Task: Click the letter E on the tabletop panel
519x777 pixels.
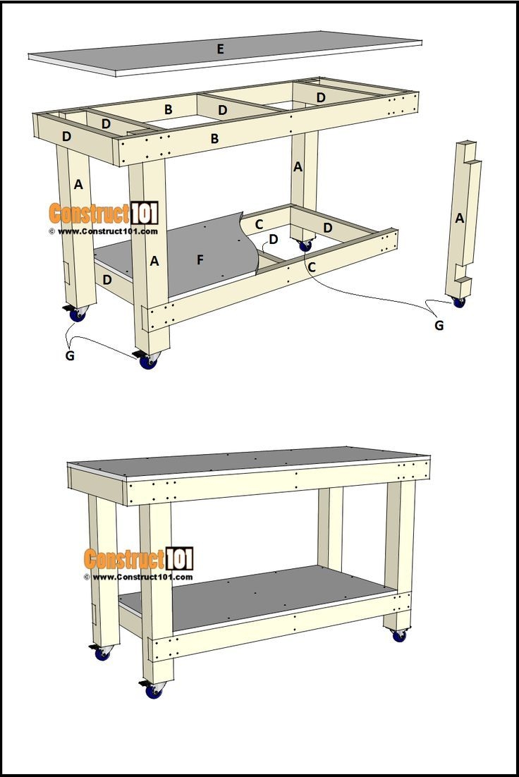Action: (x=221, y=49)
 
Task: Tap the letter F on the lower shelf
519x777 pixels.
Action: (x=200, y=260)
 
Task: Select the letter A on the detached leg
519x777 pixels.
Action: (x=460, y=219)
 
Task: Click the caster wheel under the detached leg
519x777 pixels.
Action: (x=459, y=302)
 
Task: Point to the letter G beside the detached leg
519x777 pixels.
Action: (x=439, y=325)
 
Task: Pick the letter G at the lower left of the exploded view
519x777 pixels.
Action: (x=70, y=355)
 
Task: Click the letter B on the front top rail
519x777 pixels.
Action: (x=214, y=139)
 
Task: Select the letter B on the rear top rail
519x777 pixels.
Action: (x=168, y=109)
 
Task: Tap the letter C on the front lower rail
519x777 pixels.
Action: (x=311, y=267)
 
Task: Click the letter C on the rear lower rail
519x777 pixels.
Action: (x=259, y=224)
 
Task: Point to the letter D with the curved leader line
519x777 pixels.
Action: (x=273, y=239)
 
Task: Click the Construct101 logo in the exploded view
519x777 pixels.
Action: (x=103, y=213)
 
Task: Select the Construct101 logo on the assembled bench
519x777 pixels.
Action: (x=138, y=559)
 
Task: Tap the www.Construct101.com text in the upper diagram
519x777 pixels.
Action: (x=103, y=231)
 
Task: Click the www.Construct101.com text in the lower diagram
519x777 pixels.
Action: (x=138, y=577)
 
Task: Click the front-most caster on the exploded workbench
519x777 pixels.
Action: (x=148, y=361)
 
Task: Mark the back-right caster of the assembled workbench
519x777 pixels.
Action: (x=399, y=635)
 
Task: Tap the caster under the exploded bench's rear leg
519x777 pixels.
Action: (x=305, y=245)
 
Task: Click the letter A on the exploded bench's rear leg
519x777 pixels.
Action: (x=298, y=166)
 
